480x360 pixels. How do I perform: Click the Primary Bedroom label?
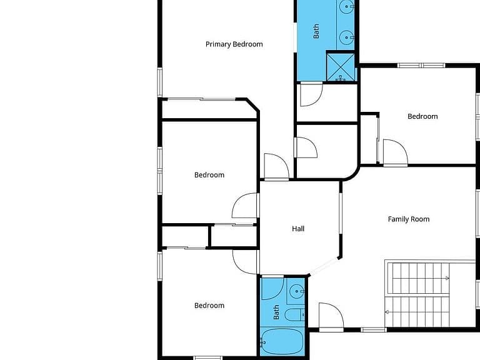pyautogui.click(x=234, y=44)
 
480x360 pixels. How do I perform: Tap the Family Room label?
pyautogui.click(x=409, y=219)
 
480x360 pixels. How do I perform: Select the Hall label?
pyautogui.click(x=298, y=229)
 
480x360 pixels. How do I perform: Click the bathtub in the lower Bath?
pyautogui.click(x=282, y=342)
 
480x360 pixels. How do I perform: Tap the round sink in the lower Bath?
pyautogui.click(x=297, y=292)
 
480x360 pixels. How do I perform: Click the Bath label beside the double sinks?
pyautogui.click(x=316, y=31)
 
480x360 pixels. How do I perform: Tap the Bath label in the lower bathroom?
pyautogui.click(x=276, y=312)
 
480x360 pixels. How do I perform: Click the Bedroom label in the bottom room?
pyautogui.click(x=209, y=306)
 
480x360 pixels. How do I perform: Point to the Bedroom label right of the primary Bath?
pyautogui.click(x=422, y=116)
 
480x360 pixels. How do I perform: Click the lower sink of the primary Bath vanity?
pyautogui.click(x=346, y=37)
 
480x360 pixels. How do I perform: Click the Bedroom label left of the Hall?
pyautogui.click(x=209, y=175)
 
